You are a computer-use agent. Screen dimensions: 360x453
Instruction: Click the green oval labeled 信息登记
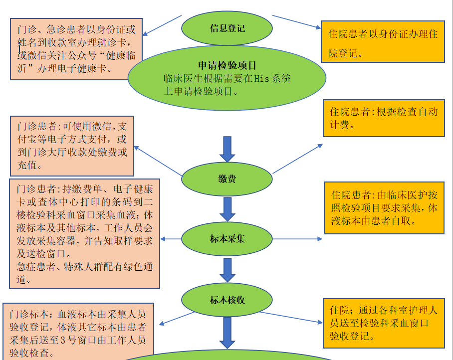(x=227, y=28)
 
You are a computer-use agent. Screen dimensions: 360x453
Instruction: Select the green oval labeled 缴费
(x=227, y=179)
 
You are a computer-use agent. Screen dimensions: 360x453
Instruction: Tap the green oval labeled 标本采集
(x=227, y=239)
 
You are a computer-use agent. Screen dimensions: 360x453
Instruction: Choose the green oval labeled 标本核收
(x=227, y=300)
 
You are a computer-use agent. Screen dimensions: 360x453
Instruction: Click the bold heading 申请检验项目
(x=227, y=65)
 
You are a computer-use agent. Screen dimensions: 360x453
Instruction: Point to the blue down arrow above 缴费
(x=227, y=148)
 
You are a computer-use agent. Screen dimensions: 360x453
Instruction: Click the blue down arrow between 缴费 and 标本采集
(x=227, y=209)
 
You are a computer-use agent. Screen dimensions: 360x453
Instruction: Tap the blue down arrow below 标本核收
(x=227, y=332)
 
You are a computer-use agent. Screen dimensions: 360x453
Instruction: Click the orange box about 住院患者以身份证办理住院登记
(x=382, y=42)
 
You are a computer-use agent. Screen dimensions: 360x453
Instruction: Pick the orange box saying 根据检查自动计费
(x=383, y=118)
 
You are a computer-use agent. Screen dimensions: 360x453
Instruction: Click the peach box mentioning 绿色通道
(x=84, y=233)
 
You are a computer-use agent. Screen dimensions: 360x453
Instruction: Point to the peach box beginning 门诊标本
(x=78, y=332)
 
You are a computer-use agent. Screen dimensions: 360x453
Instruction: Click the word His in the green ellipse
(x=262, y=78)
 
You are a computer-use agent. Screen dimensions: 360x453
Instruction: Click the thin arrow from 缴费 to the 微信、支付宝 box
(x=158, y=161)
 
